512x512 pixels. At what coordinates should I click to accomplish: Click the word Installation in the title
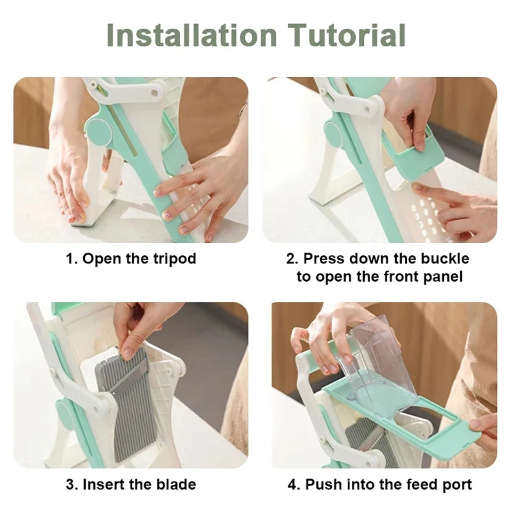tap(191, 35)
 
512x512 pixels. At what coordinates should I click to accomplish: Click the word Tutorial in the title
tap(347, 35)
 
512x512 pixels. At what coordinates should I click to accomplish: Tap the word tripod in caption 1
tap(175, 259)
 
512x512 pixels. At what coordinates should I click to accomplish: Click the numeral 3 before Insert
tap(70, 485)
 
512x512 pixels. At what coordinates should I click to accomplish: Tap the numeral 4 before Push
tap(292, 485)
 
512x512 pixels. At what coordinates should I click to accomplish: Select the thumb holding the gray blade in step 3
tap(129, 352)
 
